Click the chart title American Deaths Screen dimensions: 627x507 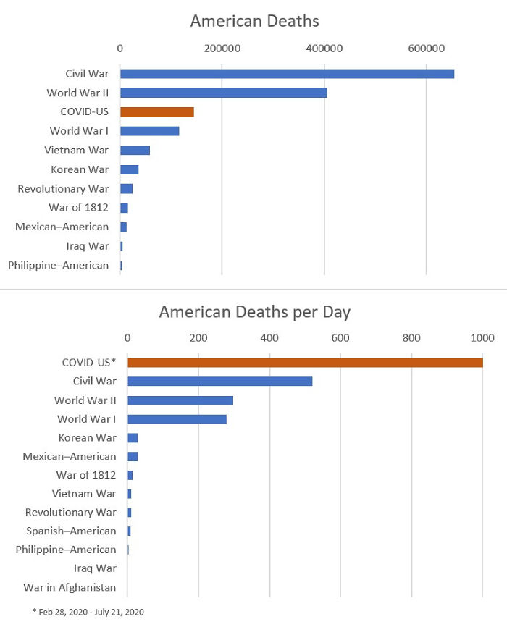[x=254, y=21]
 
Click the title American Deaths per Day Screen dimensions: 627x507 [x=254, y=312]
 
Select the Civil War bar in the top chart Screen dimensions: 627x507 [x=287, y=74]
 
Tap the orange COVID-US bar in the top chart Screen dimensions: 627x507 [x=156, y=112]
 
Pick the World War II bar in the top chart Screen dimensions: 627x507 [x=223, y=93]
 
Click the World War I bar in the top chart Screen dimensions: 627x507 [x=149, y=131]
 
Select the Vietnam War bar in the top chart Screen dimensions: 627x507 [x=135, y=151]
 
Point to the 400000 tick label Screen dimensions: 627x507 [x=324, y=49]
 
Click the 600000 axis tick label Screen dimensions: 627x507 [x=426, y=49]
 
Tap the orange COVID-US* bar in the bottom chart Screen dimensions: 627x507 [x=305, y=362]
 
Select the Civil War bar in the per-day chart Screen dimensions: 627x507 [x=219, y=381]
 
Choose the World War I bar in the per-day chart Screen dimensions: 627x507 [x=177, y=419]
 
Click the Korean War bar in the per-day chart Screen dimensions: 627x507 [x=133, y=438]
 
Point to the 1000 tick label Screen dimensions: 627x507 [x=482, y=337]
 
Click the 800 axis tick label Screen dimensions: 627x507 [x=411, y=337]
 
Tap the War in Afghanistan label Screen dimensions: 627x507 [x=70, y=587]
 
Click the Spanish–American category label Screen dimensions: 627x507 [x=71, y=531]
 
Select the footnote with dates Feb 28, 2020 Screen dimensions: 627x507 [x=88, y=613]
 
